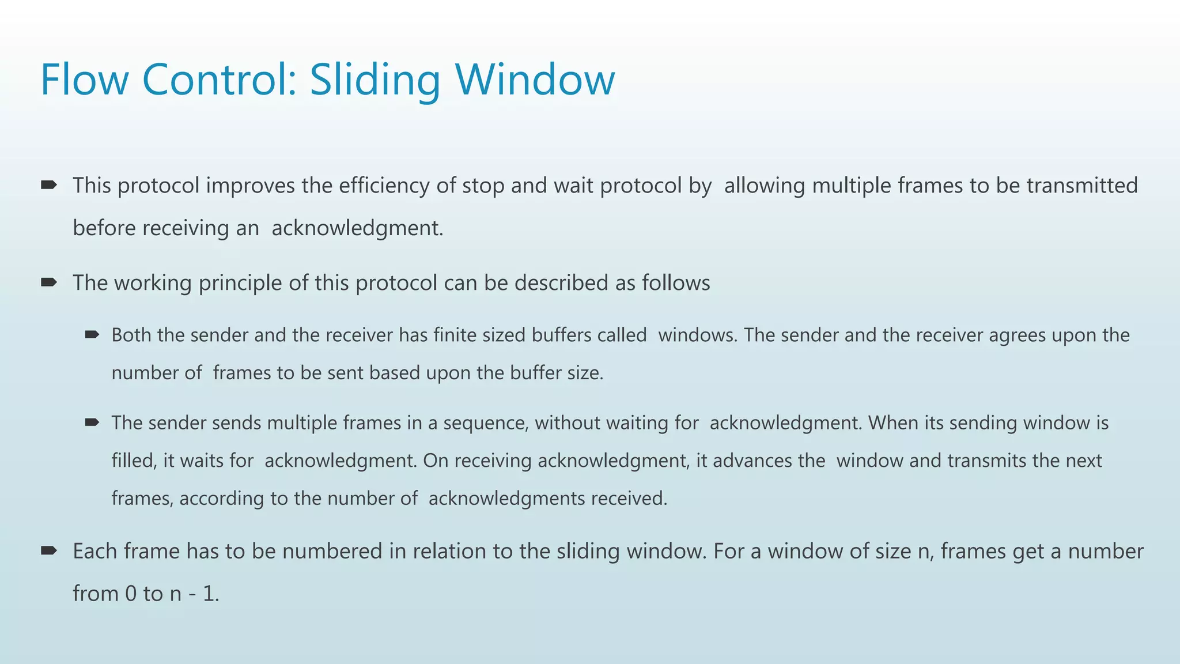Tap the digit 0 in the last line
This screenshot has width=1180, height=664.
tap(131, 594)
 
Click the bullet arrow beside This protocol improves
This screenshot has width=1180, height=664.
tap(48, 185)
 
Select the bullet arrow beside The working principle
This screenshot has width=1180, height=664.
tap(48, 282)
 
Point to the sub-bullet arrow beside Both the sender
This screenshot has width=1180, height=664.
tap(92, 334)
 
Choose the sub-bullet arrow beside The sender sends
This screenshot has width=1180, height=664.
tap(92, 422)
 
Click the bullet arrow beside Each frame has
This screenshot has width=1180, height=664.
tap(48, 551)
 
